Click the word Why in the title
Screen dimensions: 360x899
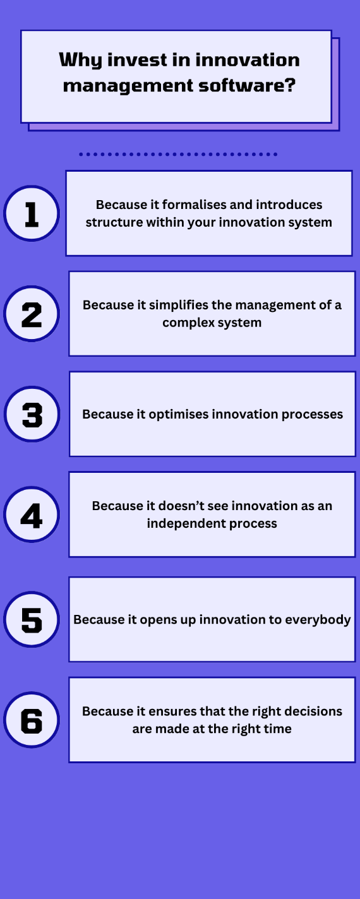(80, 61)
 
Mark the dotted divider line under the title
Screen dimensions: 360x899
(178, 154)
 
